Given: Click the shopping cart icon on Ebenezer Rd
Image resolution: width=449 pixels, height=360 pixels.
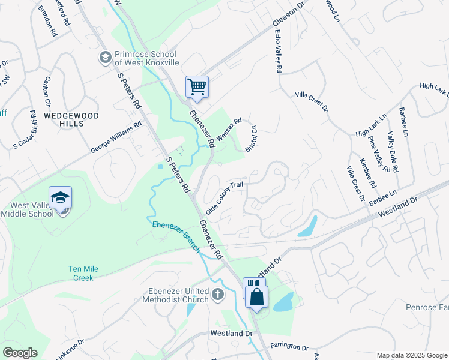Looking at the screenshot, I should point(197,87).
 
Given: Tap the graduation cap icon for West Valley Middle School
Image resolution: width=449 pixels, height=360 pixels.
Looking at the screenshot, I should point(61,197).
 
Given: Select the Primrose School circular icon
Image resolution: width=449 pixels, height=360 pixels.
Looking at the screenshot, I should point(104,57).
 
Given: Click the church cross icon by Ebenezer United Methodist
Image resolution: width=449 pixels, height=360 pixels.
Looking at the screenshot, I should point(217,295).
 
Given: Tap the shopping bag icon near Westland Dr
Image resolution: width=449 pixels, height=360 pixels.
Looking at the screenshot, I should point(256,296).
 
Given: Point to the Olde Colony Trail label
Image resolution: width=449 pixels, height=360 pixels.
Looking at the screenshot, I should point(224,199).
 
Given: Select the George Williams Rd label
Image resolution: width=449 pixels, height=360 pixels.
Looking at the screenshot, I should point(116,137).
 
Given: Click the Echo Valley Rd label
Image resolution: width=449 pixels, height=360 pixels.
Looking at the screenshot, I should point(277,52).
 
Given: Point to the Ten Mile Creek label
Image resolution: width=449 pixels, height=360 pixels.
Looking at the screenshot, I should point(83,273).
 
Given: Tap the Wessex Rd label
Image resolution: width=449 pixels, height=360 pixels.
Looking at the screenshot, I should point(229,129).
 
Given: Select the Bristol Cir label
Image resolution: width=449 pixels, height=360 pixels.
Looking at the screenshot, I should point(251,139).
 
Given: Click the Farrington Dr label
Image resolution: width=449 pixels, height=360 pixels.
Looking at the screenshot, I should point(289,347).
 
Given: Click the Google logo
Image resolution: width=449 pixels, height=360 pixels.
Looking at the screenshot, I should point(20,353).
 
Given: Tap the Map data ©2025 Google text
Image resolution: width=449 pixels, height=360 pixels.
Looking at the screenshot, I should point(411,355).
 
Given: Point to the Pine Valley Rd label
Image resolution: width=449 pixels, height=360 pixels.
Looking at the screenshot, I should point(380,154).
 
